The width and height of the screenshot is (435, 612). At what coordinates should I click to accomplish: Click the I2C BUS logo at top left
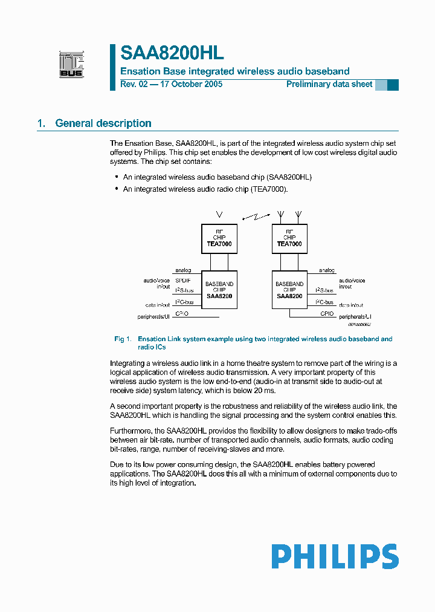point(71,65)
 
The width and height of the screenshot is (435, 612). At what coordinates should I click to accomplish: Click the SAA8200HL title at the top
point(172,53)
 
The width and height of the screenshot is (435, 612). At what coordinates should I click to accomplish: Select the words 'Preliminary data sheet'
point(329,84)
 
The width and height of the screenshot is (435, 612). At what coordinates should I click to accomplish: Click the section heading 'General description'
point(103,123)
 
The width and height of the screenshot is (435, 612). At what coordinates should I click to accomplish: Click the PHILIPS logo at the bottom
point(335,556)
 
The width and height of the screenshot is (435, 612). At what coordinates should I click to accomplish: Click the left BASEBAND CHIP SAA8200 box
point(219,290)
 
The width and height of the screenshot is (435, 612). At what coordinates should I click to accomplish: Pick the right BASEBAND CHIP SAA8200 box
point(289,290)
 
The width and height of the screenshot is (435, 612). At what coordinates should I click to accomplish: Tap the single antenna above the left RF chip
point(219,214)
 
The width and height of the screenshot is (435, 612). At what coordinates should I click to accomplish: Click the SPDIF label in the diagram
point(182,281)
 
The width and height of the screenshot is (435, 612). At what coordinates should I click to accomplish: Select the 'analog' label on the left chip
point(183,270)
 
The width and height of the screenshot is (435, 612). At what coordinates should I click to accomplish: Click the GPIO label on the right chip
point(327,314)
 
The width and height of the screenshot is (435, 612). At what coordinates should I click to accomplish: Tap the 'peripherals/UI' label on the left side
point(155,316)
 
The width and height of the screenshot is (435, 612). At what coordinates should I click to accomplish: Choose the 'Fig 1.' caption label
point(123,339)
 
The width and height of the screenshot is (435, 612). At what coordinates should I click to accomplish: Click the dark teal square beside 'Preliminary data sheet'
point(393,85)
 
